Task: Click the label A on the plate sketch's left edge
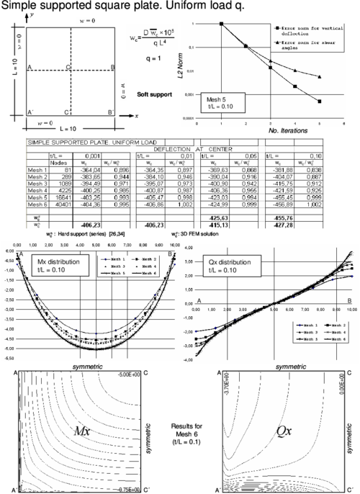(x=29, y=67)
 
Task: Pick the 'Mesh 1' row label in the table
(x=37, y=164)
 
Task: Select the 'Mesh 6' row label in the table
(x=37, y=204)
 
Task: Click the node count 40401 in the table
(x=60, y=204)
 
